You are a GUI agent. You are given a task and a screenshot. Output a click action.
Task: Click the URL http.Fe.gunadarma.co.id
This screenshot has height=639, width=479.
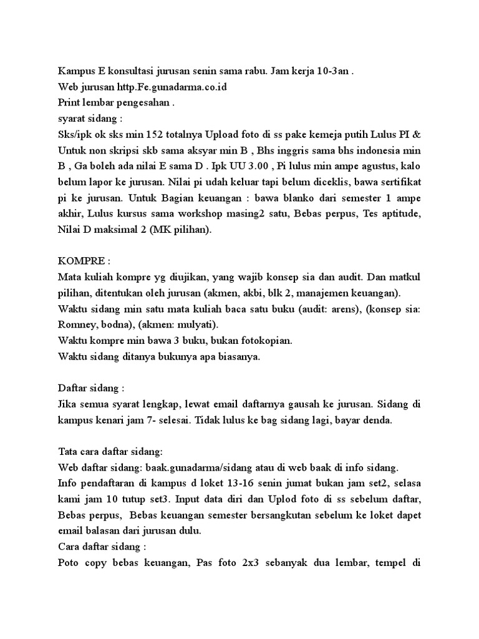coord(168,87)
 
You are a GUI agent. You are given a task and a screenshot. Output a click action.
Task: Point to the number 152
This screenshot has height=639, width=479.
coord(168,135)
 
